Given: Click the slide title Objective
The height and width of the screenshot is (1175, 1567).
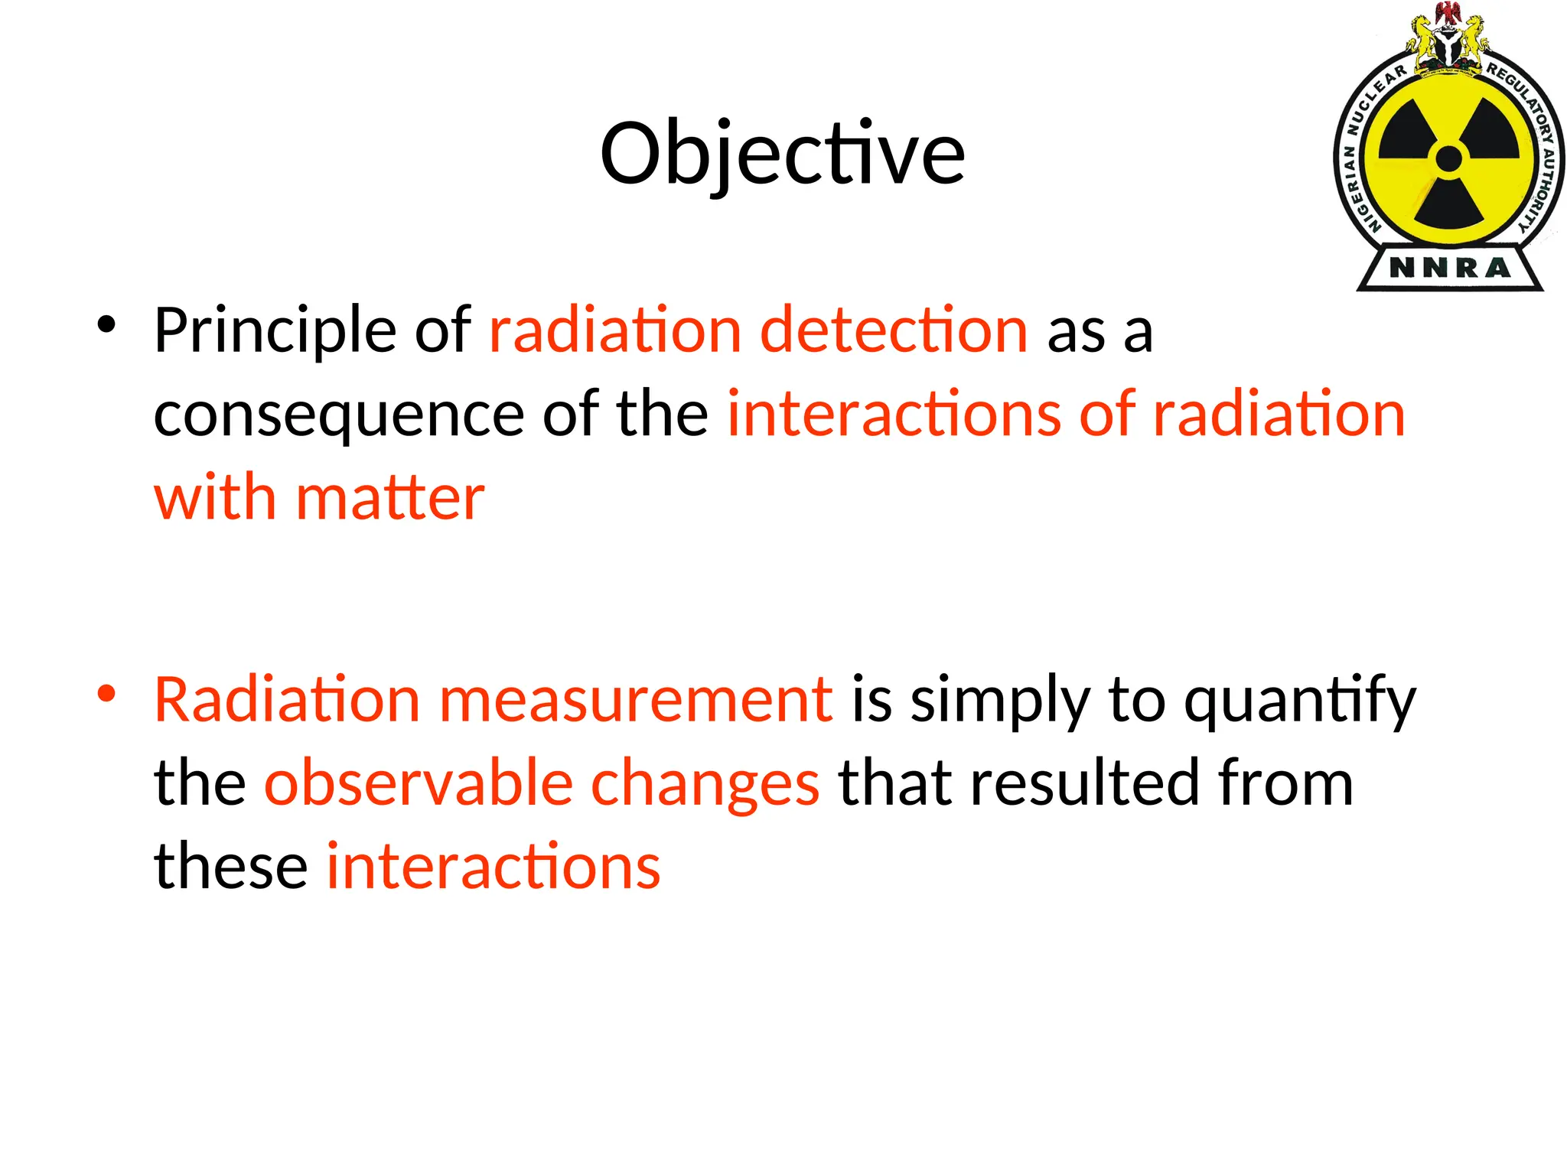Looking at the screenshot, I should pyautogui.click(x=782, y=155).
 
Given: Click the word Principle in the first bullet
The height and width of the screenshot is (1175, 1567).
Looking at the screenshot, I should pyautogui.click(x=275, y=330).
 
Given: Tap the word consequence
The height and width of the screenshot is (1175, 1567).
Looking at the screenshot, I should pyautogui.click(x=338, y=414).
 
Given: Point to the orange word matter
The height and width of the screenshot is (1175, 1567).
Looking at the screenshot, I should pyautogui.click(x=390, y=498).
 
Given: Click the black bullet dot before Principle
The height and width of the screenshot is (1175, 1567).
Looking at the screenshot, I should pyautogui.click(x=106, y=324).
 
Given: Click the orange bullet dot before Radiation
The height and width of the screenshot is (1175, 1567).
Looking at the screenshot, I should pyautogui.click(x=106, y=694).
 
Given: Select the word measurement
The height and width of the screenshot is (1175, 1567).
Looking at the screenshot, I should pyautogui.click(x=635, y=699).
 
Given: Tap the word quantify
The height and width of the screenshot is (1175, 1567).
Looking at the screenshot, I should pyautogui.click(x=1300, y=699).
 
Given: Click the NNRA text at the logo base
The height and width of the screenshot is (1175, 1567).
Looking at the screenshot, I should pyautogui.click(x=1449, y=268).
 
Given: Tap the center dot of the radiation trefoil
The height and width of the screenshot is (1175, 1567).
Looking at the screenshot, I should pyautogui.click(x=1448, y=159).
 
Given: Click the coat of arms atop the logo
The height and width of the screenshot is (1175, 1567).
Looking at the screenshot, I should pyautogui.click(x=1448, y=42).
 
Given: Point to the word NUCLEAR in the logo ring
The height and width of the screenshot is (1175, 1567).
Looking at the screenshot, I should pyautogui.click(x=1374, y=99).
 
